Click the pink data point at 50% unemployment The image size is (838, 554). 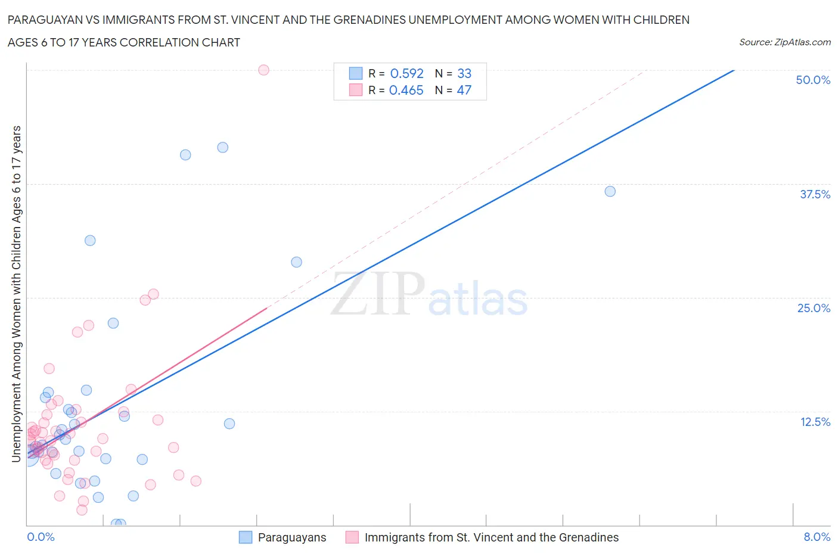pyautogui.click(x=263, y=70)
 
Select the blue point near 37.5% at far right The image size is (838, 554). pyautogui.click(x=610, y=191)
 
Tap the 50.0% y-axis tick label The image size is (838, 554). pyautogui.click(x=813, y=80)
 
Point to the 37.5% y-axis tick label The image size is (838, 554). pyautogui.click(x=815, y=194)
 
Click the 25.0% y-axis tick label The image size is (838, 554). pyautogui.click(x=814, y=308)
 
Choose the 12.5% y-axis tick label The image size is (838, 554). pyautogui.click(x=815, y=422)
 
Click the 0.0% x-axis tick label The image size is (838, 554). pyautogui.click(x=41, y=537)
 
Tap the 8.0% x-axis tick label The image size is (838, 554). pyautogui.click(x=817, y=537)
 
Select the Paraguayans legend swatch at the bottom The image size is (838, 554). pyautogui.click(x=246, y=537)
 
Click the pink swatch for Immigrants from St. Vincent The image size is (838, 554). pyautogui.click(x=352, y=537)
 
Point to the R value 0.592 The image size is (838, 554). pyautogui.click(x=406, y=73)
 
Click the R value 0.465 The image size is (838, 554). pyautogui.click(x=406, y=90)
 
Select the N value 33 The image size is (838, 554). pyautogui.click(x=464, y=73)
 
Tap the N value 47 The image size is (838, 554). pyautogui.click(x=464, y=90)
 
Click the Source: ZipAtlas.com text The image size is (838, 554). pyautogui.click(x=784, y=42)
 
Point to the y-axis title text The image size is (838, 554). pyautogui.click(x=16, y=294)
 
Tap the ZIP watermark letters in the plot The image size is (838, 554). pyautogui.click(x=378, y=294)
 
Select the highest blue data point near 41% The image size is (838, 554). pyautogui.click(x=222, y=147)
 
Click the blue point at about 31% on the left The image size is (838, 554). pyautogui.click(x=90, y=241)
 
